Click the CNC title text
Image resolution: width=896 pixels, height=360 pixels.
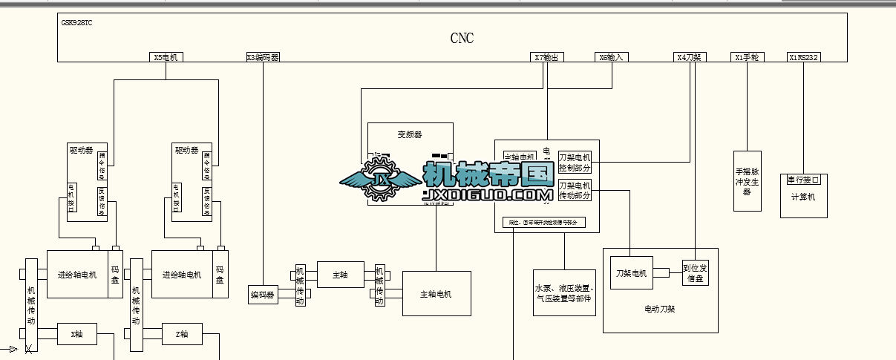(x=462, y=39)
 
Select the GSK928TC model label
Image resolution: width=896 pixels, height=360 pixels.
(x=77, y=22)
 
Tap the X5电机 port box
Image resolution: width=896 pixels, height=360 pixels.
(x=166, y=57)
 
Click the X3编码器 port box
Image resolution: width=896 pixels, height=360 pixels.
(x=263, y=57)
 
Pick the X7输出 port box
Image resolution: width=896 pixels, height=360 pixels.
(x=546, y=57)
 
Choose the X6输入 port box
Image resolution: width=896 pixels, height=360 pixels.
(x=612, y=57)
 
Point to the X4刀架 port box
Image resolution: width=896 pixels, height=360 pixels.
(x=690, y=57)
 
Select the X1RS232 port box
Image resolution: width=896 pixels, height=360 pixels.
(x=804, y=57)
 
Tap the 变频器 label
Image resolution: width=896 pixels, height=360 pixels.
(x=410, y=134)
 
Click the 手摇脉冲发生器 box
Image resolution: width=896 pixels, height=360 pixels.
(x=747, y=181)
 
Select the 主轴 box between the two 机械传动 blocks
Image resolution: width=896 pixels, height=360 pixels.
(x=340, y=275)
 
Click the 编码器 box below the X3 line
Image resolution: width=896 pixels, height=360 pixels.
(x=263, y=295)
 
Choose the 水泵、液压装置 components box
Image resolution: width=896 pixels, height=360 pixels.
(x=564, y=292)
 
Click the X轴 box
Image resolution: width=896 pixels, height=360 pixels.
(x=77, y=335)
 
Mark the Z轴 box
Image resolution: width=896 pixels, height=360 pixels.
(x=182, y=335)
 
